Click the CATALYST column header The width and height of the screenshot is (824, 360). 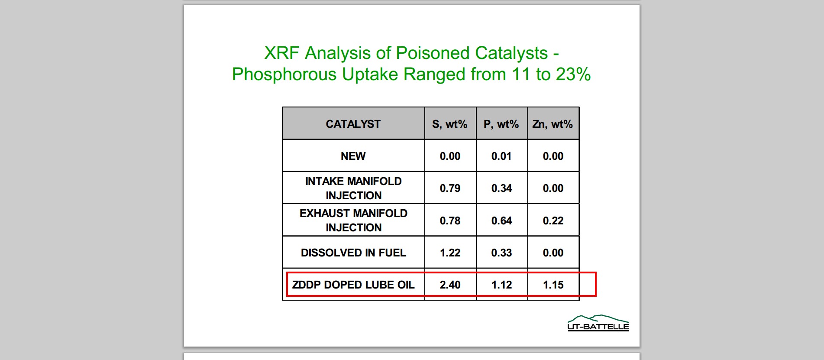[353, 124]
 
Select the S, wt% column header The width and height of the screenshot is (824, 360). [450, 124]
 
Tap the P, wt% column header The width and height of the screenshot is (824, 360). [501, 124]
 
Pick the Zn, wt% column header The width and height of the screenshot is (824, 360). [553, 124]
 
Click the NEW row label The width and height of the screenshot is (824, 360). [353, 156]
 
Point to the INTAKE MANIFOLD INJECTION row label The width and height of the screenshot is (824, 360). [353, 188]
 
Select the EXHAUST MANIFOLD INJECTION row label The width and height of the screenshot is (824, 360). [353, 221]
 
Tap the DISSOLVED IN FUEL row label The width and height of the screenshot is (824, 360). [353, 253]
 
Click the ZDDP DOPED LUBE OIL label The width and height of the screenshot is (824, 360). [353, 285]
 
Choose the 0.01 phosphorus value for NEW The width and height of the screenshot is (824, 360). [501, 156]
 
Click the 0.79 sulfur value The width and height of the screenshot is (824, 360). [450, 188]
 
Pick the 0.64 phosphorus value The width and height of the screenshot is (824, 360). [501, 221]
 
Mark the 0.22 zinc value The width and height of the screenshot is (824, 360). [553, 221]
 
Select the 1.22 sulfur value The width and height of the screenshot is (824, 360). [450, 253]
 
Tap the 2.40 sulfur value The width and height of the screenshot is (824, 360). [450, 285]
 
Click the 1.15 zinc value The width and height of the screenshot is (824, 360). [553, 285]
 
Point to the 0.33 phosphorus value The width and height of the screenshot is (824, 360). [501, 253]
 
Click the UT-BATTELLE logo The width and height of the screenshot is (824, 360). [598, 323]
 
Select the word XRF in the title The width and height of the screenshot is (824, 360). [281, 53]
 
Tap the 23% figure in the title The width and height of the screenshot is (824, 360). [573, 75]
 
